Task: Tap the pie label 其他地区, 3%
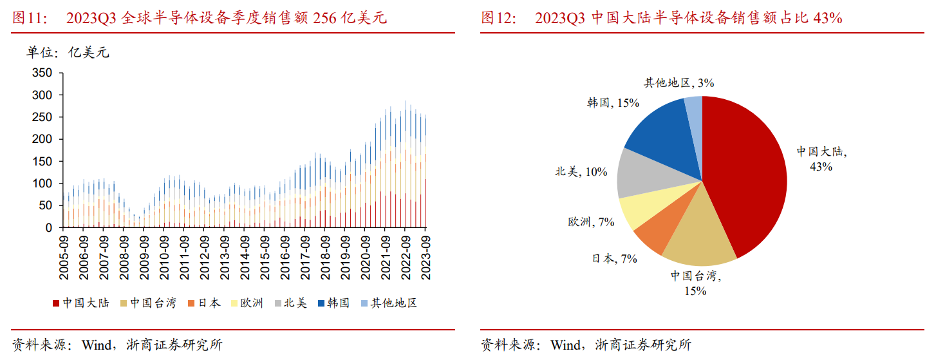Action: coord(678,82)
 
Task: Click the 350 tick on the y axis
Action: coord(42,73)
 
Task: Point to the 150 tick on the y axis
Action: coord(42,161)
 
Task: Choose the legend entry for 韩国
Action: coord(333,303)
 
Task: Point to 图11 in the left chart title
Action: coord(30,18)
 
